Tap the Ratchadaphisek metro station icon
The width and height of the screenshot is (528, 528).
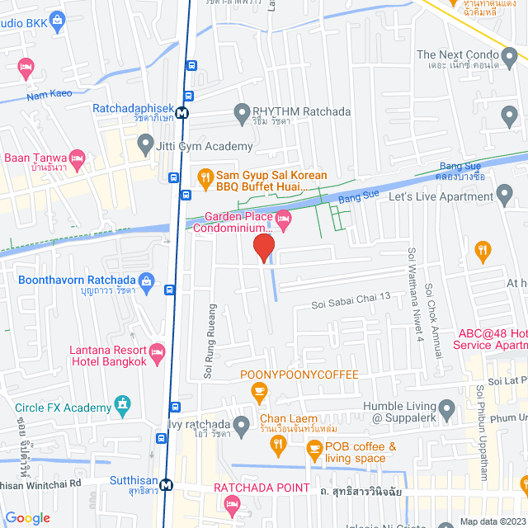pyautogui.click(x=181, y=113)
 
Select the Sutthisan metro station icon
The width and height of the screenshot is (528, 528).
pyautogui.click(x=167, y=485)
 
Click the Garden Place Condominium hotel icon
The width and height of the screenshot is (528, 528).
pyautogui.click(x=284, y=220)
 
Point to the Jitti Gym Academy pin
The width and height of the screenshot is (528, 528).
pyautogui.click(x=144, y=147)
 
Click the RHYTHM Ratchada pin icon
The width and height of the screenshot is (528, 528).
pyautogui.click(x=242, y=111)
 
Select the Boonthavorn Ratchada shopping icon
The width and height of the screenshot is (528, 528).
pyautogui.click(x=146, y=280)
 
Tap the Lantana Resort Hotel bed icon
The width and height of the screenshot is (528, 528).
pyautogui.click(x=157, y=352)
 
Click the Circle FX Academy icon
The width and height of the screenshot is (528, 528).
pyautogui.click(x=123, y=405)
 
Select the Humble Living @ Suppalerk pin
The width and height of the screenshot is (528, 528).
pyautogui.click(x=446, y=408)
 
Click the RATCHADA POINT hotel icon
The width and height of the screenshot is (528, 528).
pyautogui.click(x=233, y=503)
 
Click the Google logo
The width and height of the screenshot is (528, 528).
pyautogui.click(x=28, y=518)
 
